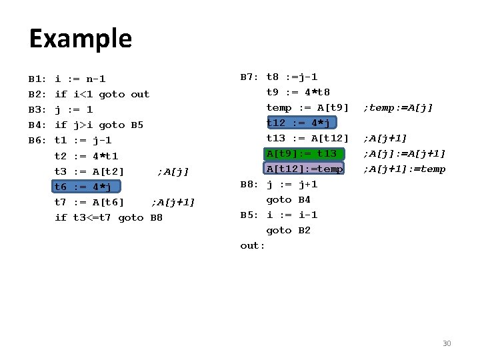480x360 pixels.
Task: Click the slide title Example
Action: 80,39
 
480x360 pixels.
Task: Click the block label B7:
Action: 251,77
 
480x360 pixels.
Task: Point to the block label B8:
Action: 251,184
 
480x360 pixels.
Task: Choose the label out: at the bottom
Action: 253,245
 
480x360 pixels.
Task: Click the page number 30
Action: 447,343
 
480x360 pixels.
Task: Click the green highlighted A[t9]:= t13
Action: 301,153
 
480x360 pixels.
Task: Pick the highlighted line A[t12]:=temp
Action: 304,169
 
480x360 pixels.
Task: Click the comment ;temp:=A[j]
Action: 398,107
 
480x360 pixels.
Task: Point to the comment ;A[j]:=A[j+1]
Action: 404,153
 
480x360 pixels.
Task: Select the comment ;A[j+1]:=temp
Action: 404,169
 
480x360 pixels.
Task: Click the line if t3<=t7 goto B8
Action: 109,217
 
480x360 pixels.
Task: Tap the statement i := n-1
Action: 80,79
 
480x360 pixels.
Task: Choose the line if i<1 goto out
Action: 102,94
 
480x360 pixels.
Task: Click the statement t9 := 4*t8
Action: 298,92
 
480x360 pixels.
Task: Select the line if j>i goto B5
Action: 99,125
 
